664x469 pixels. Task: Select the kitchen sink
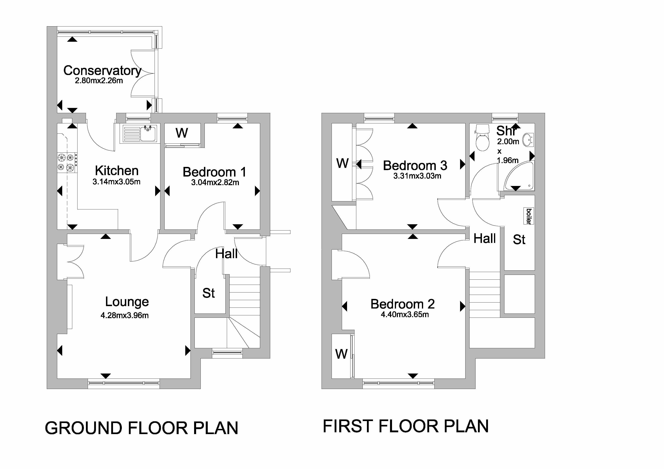(x=140, y=134)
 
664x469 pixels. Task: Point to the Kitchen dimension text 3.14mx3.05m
(x=117, y=182)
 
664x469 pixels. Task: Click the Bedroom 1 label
(x=214, y=172)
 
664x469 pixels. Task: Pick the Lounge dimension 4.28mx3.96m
(x=125, y=315)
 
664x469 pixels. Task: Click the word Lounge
(x=127, y=302)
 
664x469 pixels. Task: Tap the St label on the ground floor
(x=209, y=293)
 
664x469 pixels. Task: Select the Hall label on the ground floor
(x=226, y=254)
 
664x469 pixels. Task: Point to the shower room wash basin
(x=528, y=140)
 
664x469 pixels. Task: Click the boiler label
(x=529, y=216)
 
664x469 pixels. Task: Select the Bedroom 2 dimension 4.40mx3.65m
(x=405, y=314)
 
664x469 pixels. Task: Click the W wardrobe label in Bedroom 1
(x=182, y=133)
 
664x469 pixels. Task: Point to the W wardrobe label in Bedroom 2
(x=341, y=354)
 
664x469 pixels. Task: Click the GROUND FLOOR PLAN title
(x=142, y=428)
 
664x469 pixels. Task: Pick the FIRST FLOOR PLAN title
(x=405, y=426)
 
